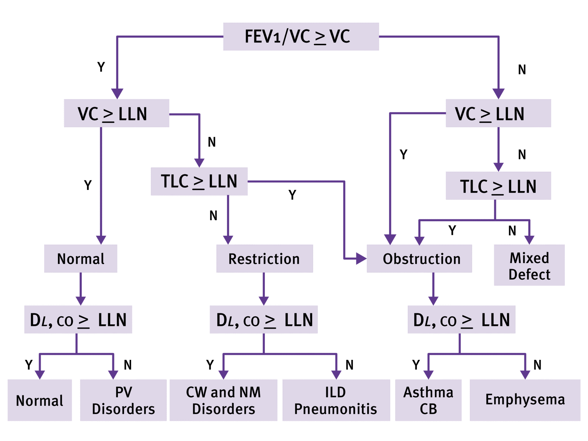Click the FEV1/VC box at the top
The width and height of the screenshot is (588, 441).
[301, 36]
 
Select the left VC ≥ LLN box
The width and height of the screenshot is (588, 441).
[116, 113]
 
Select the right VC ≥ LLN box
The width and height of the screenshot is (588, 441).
[498, 113]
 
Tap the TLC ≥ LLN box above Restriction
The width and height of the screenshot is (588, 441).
[199, 181]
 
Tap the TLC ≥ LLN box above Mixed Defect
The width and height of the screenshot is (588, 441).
[498, 186]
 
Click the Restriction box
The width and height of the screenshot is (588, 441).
[264, 258]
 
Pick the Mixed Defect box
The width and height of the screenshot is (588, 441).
[529, 265]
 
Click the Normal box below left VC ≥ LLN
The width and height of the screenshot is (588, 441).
[81, 258]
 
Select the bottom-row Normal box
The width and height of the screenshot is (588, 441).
[40, 400]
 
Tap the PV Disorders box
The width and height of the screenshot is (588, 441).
[123, 400]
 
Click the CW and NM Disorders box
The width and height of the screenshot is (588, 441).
[223, 400]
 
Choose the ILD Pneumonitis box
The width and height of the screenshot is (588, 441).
[336, 400]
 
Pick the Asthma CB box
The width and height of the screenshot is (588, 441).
[428, 400]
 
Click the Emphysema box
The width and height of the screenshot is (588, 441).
[525, 400]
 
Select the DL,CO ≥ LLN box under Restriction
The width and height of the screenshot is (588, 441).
[264, 319]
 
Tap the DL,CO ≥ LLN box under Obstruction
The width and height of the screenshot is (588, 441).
[461, 319]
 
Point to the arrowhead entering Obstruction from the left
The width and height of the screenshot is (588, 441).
[361, 259]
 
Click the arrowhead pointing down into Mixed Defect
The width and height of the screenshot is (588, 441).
[529, 240]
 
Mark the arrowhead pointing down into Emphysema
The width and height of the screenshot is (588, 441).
[525, 375]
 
